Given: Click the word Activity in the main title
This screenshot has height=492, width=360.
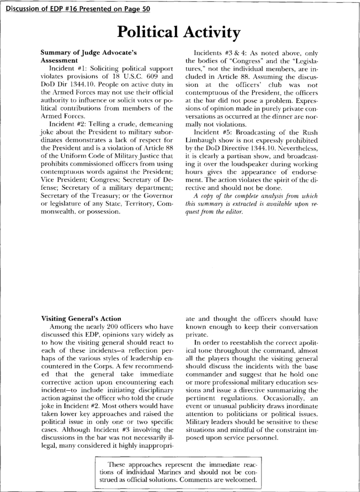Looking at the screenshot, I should (x=210, y=33).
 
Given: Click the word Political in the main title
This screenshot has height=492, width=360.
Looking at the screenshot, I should (x=147, y=33).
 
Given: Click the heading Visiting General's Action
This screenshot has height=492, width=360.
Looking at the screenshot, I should (x=80, y=318).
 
